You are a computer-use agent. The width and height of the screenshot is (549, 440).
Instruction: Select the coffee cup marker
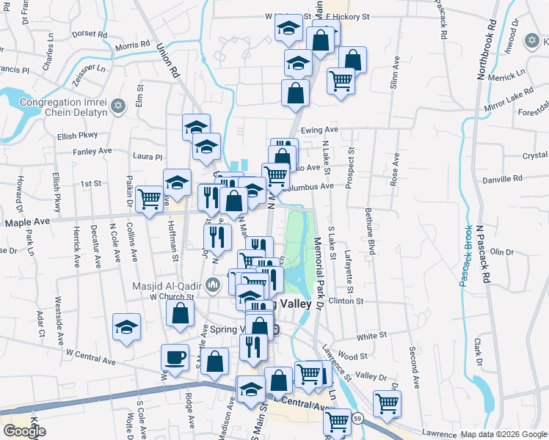pos(175,358)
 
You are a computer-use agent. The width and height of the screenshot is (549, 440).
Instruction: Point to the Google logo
pos(24,431)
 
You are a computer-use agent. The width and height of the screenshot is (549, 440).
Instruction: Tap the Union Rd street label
pos(168,61)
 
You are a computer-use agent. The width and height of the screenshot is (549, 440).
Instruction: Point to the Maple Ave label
pos(28,221)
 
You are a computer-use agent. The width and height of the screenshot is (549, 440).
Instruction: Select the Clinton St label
pos(346,301)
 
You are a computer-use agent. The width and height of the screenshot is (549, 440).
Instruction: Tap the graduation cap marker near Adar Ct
pos(126,327)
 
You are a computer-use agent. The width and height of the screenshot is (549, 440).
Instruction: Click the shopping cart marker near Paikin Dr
pos(149,198)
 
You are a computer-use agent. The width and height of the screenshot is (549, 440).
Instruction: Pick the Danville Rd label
pos(503,178)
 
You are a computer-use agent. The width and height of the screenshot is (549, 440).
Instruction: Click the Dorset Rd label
pos(90,34)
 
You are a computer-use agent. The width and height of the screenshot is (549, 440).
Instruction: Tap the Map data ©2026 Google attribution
pos(502,434)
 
